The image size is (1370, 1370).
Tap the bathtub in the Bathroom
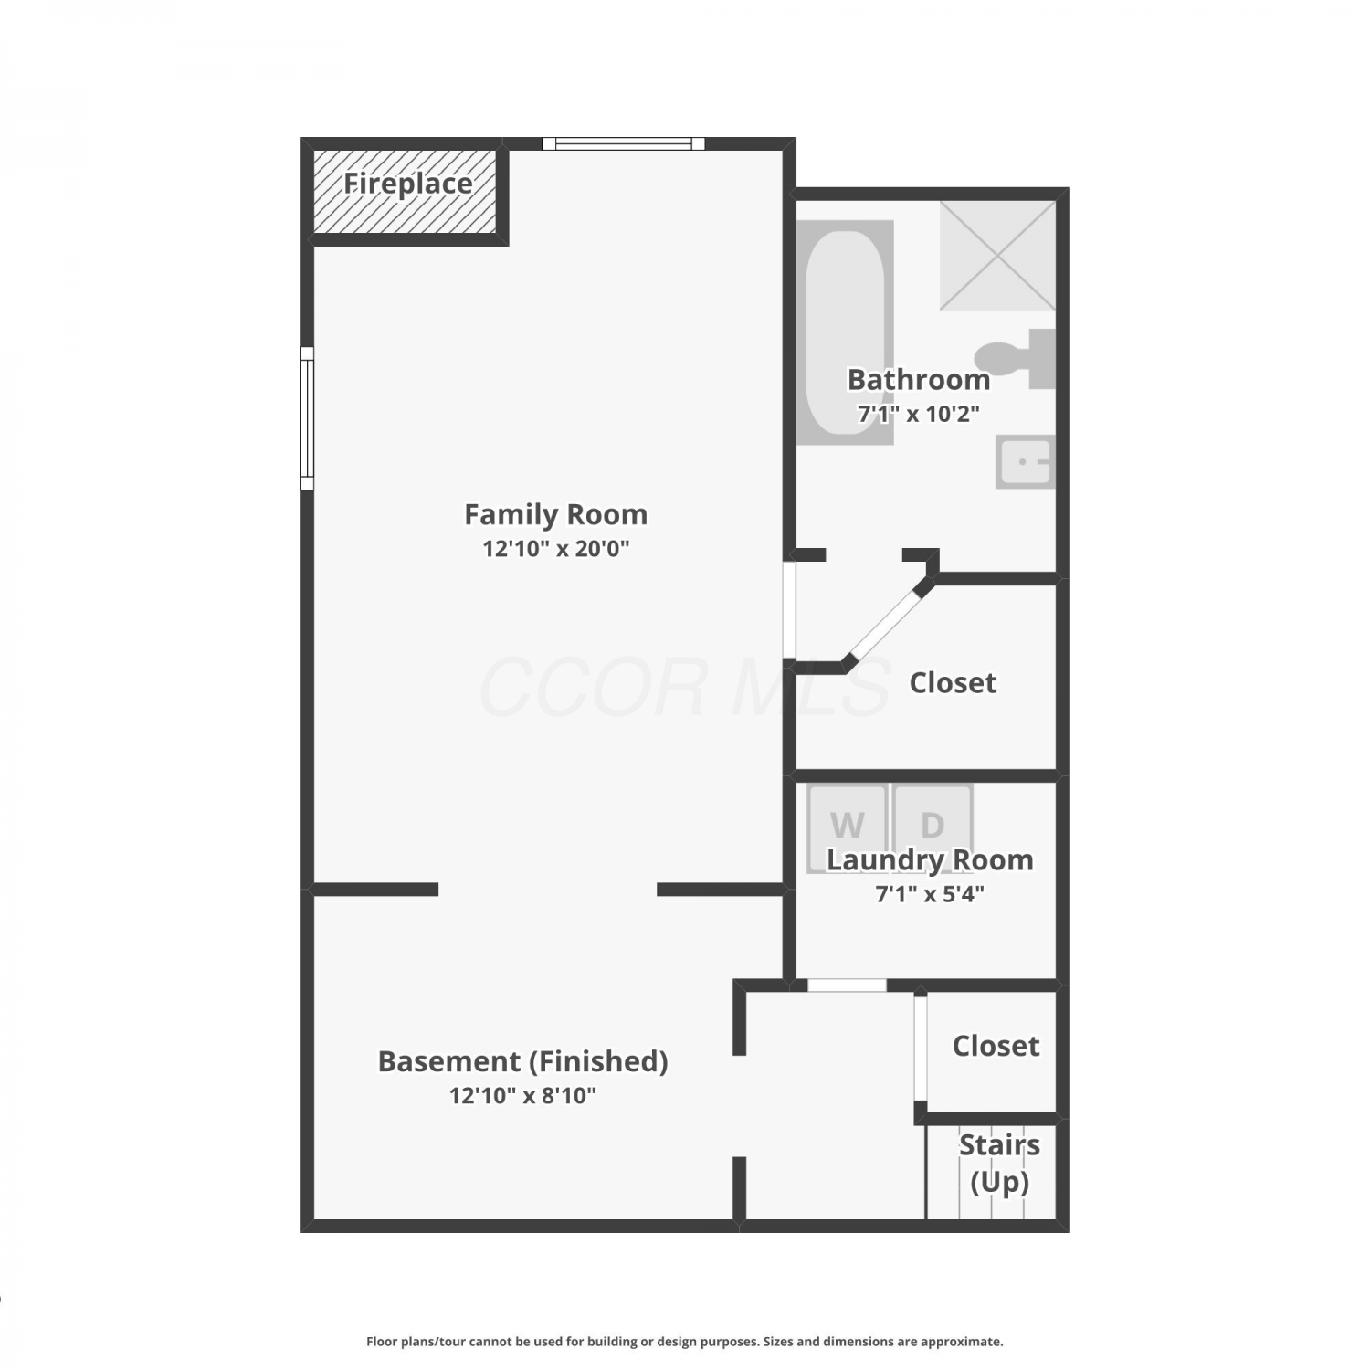click(x=845, y=332)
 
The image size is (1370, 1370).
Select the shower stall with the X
click(x=997, y=256)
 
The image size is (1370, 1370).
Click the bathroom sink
click(x=1026, y=461)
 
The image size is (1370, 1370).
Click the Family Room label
click(x=556, y=514)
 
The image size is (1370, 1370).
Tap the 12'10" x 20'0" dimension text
click(x=556, y=548)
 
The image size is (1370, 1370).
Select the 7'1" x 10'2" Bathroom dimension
click(x=919, y=413)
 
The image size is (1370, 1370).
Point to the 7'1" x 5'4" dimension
click(x=930, y=893)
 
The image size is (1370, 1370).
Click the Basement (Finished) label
click(x=523, y=1061)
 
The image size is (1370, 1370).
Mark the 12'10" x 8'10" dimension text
click(x=523, y=1095)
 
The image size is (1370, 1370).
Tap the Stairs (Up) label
click(x=1000, y=1163)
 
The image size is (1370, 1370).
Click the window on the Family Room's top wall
click(x=624, y=143)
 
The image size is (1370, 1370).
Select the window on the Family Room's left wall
click(x=308, y=418)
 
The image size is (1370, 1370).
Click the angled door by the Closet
click(x=887, y=625)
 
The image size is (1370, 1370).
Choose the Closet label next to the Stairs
click(x=996, y=1046)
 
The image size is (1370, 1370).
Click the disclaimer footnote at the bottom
click(x=685, y=1342)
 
